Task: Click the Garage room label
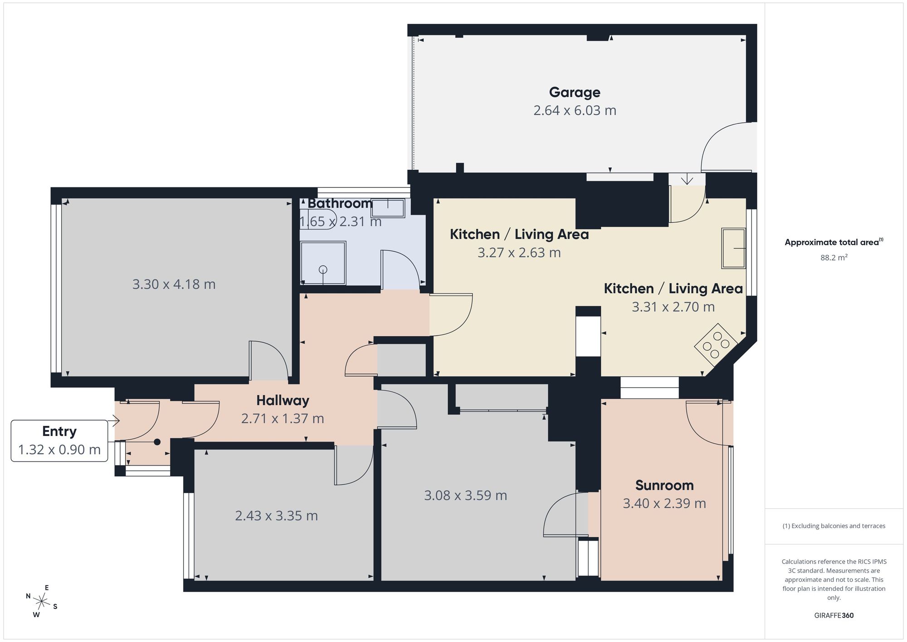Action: (575, 92)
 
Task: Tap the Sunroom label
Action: (664, 485)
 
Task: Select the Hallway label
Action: (283, 400)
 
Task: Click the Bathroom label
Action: (340, 203)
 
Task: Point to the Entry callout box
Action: (59, 441)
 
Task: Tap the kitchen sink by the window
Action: (734, 248)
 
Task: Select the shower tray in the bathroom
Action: (323, 263)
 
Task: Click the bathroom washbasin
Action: (388, 208)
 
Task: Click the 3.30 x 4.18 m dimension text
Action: (174, 284)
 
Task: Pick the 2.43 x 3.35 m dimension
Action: (276, 516)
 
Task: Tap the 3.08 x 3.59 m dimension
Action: (465, 495)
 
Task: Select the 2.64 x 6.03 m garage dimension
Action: (575, 111)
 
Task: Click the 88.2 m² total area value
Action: (834, 258)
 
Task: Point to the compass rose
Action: (42, 602)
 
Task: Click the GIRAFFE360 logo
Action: (834, 616)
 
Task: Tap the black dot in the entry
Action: (157, 442)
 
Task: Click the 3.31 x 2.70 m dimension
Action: (673, 307)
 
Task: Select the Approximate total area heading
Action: (834, 242)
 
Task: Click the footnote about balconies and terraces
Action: (834, 526)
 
